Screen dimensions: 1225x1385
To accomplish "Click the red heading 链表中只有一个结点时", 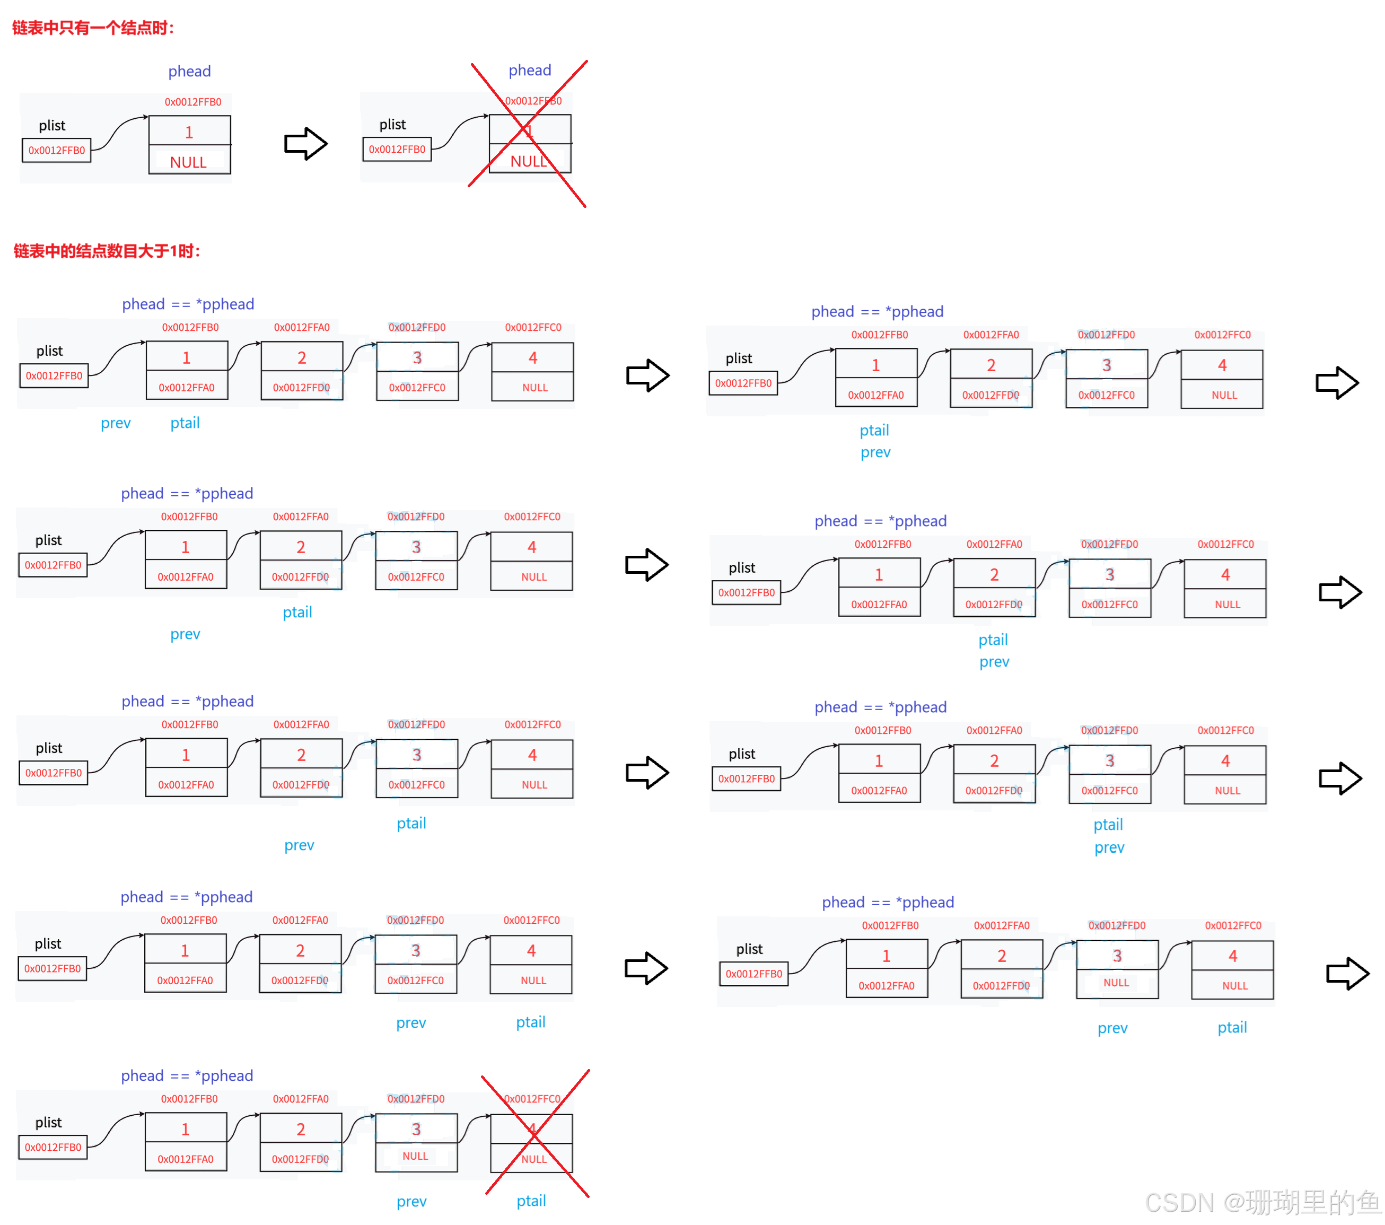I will pyautogui.click(x=93, y=28).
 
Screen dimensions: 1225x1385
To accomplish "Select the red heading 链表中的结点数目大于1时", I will pyautogui.click(x=107, y=251).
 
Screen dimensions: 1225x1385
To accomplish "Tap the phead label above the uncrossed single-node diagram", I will pyautogui.click(x=189, y=71).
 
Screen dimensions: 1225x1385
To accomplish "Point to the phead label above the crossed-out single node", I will pyautogui.click(x=530, y=71).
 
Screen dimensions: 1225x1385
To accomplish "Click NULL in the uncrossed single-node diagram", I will pyautogui.click(x=188, y=161).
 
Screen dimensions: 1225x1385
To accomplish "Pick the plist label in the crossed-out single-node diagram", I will pyautogui.click(x=392, y=125).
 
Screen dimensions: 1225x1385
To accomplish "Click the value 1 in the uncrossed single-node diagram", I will pyautogui.click(x=189, y=132).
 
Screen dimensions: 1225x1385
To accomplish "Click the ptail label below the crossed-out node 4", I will pyautogui.click(x=531, y=1201).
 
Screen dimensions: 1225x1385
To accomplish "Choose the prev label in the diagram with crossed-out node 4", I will pyautogui.click(x=411, y=1201).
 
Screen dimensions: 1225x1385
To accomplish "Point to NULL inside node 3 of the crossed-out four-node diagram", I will pyautogui.click(x=415, y=1156).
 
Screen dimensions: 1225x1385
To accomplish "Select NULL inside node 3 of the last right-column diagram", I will pyautogui.click(x=1116, y=983).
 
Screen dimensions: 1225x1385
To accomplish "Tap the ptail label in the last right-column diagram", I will pyautogui.click(x=1232, y=1027).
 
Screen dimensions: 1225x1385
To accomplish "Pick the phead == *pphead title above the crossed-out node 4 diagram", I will pyautogui.click(x=187, y=1075).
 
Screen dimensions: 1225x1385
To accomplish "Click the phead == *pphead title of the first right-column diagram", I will pyautogui.click(x=878, y=312).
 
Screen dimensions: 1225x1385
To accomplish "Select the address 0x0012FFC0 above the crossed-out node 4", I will pyautogui.click(x=532, y=1098).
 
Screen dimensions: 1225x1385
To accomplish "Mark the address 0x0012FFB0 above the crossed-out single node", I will pyautogui.click(x=533, y=101).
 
